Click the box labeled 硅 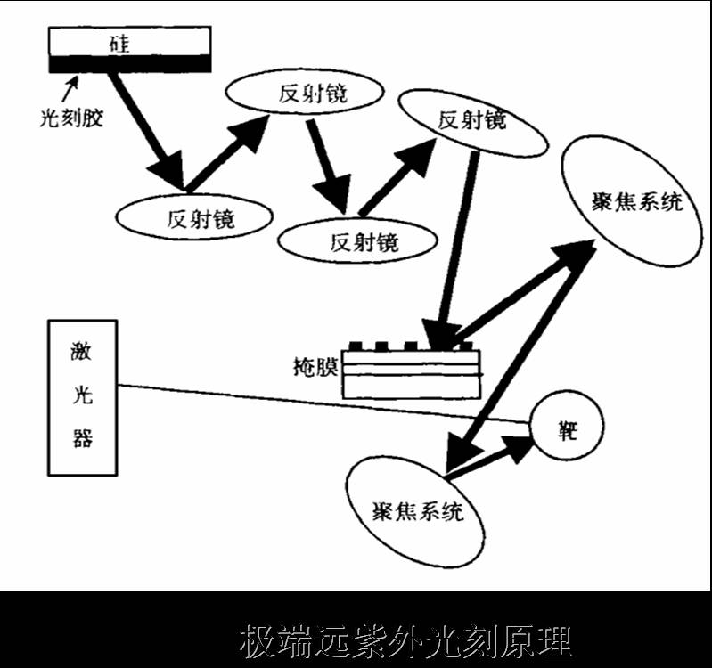click(129, 41)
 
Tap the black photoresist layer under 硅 click(129, 63)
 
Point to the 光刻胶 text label click(72, 117)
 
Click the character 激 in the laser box click(82, 352)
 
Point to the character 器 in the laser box click(82, 438)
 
